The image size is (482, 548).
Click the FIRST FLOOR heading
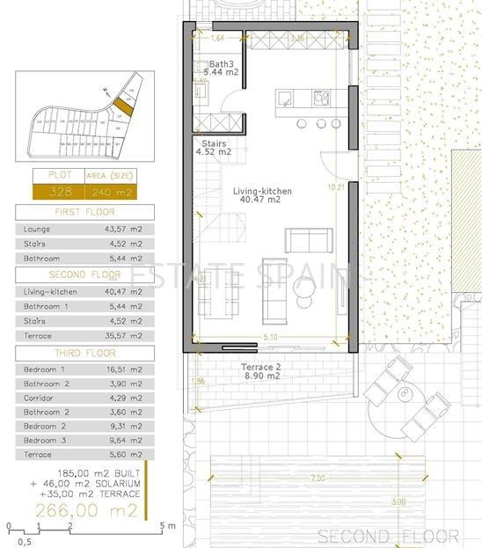[84, 212]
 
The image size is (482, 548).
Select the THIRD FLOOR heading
[84, 353]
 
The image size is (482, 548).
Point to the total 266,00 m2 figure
[84, 508]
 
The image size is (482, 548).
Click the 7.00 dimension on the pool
[317, 478]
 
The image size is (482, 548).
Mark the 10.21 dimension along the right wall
[333, 186]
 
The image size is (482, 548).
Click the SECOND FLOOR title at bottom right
[388, 536]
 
